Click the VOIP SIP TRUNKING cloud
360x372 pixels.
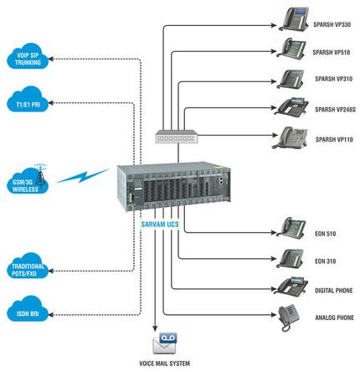tap(28, 56)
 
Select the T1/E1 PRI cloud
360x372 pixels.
tap(28, 100)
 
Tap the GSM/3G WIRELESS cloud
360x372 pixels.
tap(27, 182)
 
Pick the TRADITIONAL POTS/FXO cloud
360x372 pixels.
tap(28, 266)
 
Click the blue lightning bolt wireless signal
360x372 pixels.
tap(83, 176)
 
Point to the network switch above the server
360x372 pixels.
tap(177, 137)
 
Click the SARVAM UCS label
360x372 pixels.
tap(160, 225)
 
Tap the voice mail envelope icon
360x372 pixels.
tap(165, 343)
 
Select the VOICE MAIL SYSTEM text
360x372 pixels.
tap(165, 364)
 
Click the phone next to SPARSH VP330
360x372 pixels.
tap(294, 19)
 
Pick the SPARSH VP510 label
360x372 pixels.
tap(332, 52)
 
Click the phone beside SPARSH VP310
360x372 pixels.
tap(291, 80)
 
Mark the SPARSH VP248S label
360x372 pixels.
tap(335, 110)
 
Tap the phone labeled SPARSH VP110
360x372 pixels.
tap(290, 137)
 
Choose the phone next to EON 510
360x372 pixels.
tap(291, 228)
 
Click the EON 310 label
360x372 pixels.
tap(325, 261)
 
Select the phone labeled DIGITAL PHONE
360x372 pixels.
tap(291, 286)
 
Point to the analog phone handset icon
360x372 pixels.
tap(289, 318)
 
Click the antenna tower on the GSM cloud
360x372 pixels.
tap(40, 176)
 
